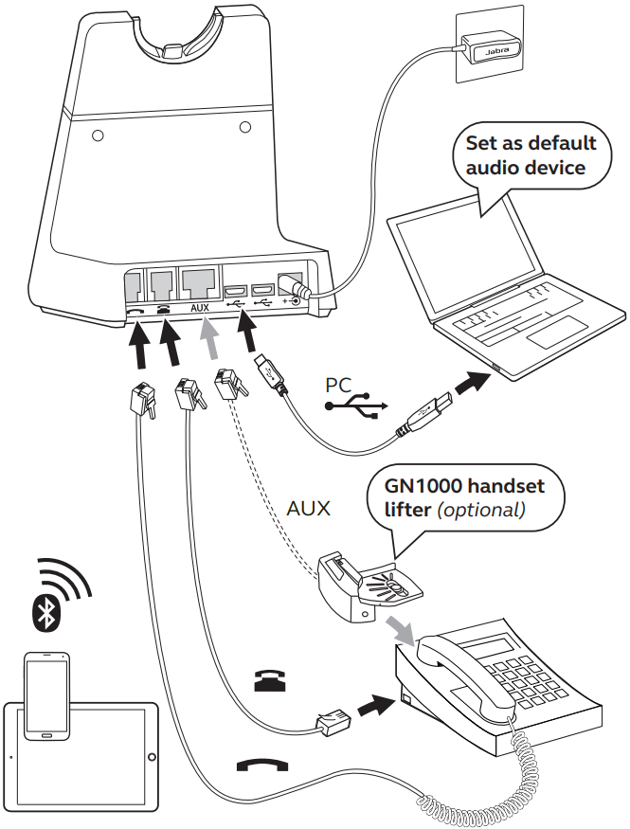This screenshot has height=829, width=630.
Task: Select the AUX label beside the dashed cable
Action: point(308,508)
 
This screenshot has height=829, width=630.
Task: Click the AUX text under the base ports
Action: point(200,308)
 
